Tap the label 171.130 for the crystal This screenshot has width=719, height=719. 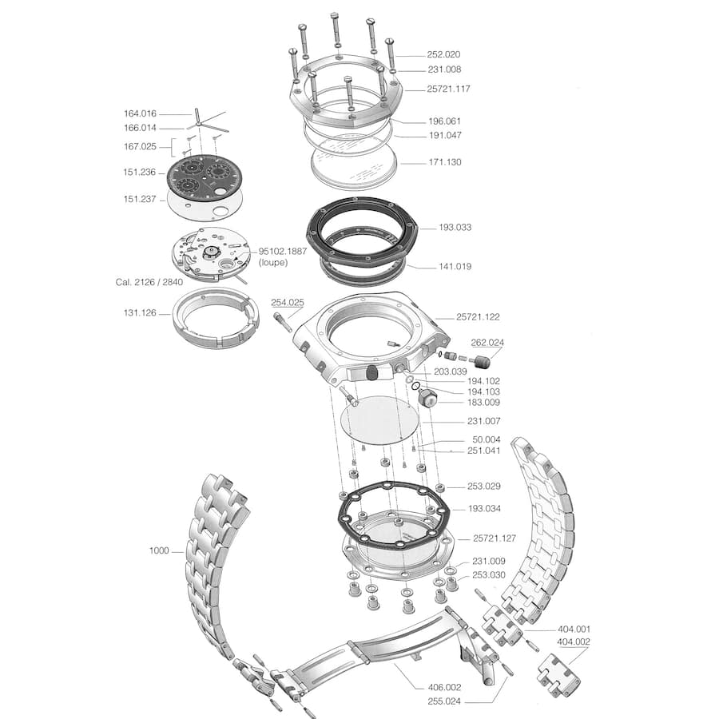coord(444,162)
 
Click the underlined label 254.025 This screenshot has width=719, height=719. coord(288,302)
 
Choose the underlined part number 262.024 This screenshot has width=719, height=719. coord(487,342)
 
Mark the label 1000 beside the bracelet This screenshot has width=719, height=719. coord(160,550)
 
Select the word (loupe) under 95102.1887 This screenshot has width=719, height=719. coord(274,262)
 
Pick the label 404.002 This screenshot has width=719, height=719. coord(574,642)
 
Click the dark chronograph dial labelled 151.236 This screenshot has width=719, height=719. coord(201,177)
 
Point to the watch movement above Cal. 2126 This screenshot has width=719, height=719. coord(205,254)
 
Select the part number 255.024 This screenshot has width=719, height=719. coord(445,701)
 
